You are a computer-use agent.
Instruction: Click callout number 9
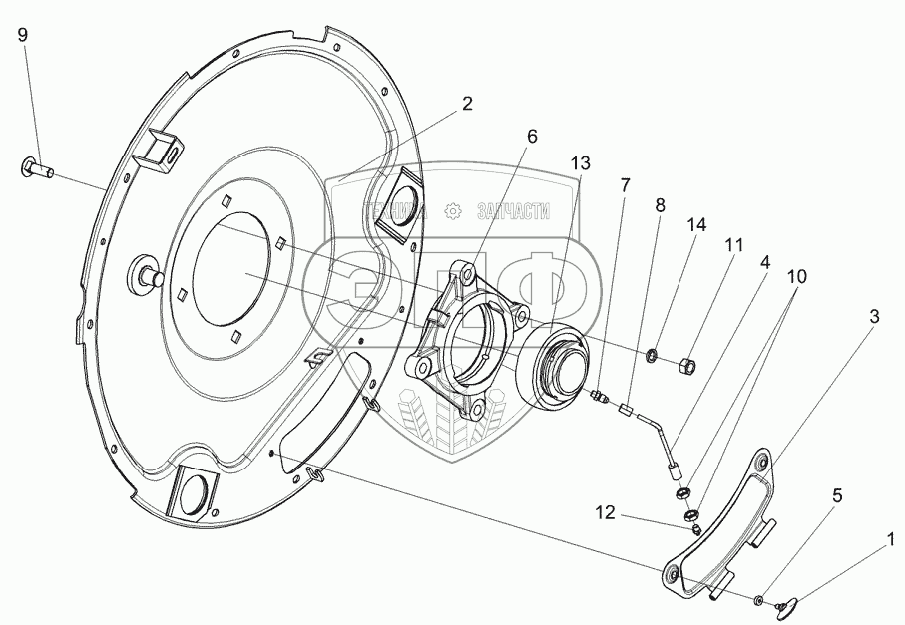pos(23,34)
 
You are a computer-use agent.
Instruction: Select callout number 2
pos(466,103)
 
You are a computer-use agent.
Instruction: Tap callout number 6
pos(532,135)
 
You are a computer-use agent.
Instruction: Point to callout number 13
pos(580,162)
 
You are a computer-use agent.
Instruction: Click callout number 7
pos(625,184)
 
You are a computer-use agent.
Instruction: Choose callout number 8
pos(660,206)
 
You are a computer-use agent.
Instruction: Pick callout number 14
pos(695,225)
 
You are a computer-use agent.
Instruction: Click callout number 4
pos(764,262)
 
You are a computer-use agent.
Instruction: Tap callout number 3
pos(873,317)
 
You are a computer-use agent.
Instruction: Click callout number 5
pos(837,494)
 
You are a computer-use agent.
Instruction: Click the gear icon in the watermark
pos(452,211)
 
